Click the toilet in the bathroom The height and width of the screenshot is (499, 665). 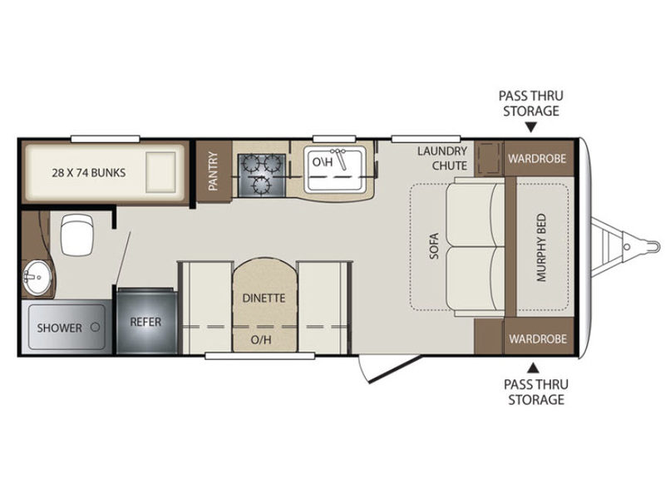76,235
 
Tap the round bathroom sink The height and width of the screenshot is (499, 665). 37,277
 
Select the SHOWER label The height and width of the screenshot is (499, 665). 59,328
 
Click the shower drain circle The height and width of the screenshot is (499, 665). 96,327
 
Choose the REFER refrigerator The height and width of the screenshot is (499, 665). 147,321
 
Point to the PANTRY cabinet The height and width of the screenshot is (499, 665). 214,171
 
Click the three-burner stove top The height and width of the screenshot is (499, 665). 261,175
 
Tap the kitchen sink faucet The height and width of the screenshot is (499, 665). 338,157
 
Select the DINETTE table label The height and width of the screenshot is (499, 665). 264,299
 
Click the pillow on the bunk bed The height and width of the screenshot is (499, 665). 160,172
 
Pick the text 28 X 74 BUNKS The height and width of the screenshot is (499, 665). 89,173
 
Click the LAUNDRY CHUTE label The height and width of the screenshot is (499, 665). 442,158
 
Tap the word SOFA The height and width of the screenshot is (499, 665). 434,246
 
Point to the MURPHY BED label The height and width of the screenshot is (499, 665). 542,247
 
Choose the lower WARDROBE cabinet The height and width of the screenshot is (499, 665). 539,338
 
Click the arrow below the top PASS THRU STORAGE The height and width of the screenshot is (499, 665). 531,127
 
